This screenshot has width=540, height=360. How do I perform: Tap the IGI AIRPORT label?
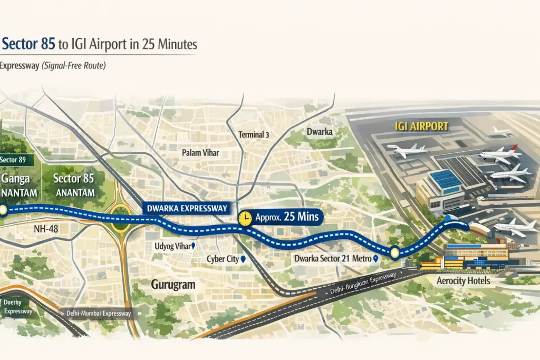coord(421,127)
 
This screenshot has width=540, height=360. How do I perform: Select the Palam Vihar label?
coord(200,153)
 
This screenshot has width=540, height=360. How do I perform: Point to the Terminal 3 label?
coord(254,135)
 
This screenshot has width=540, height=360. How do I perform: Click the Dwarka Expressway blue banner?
coord(185,208)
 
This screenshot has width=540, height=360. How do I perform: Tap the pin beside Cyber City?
coord(243,260)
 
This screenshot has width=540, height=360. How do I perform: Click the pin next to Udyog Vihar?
coord(194,246)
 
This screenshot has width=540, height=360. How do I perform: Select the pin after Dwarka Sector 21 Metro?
coord(375,259)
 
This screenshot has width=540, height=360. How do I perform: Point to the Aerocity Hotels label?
coord(464,281)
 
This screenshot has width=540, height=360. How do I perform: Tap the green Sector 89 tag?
coord(16,160)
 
